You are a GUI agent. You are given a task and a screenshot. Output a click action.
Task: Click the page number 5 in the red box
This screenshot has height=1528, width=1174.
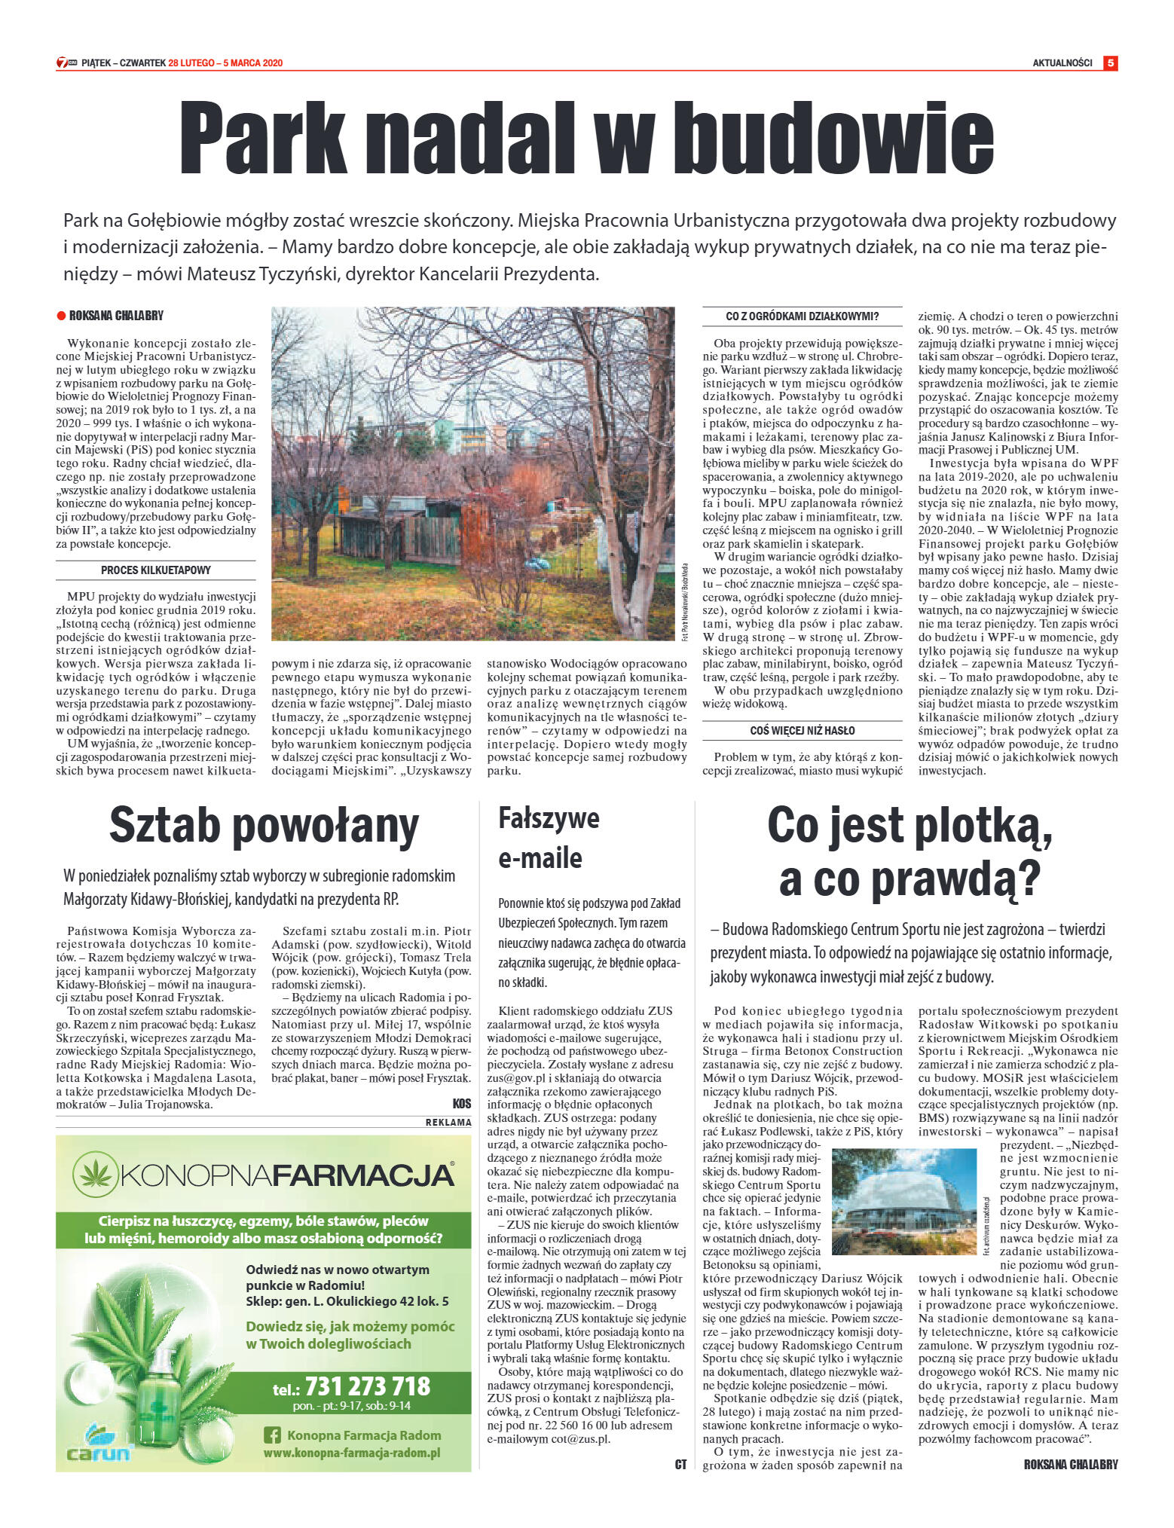[x=1110, y=63]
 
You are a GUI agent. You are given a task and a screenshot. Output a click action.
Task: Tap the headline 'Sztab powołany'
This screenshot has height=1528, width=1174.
[x=264, y=826]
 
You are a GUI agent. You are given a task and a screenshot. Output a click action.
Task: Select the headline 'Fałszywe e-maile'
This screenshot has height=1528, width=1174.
[x=549, y=838]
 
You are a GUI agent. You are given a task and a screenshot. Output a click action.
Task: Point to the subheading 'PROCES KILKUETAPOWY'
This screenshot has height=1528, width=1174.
[x=156, y=570]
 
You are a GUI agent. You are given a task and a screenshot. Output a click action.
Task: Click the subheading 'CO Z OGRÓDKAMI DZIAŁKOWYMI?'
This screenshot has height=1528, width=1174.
[x=802, y=316]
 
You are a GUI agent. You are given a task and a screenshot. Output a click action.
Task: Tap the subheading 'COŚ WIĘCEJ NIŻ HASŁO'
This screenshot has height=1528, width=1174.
[x=802, y=730]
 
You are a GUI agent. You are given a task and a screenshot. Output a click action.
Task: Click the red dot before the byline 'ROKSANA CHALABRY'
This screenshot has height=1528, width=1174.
[x=61, y=316]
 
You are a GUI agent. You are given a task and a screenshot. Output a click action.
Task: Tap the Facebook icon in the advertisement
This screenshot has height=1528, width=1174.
[x=272, y=1435]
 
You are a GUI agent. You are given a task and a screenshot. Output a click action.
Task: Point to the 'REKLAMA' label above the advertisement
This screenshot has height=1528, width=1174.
[x=448, y=1122]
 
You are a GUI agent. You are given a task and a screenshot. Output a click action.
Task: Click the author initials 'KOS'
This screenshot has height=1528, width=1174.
[x=461, y=1104]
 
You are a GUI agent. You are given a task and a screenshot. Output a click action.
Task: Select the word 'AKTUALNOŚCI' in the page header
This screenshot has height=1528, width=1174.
[x=1062, y=63]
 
